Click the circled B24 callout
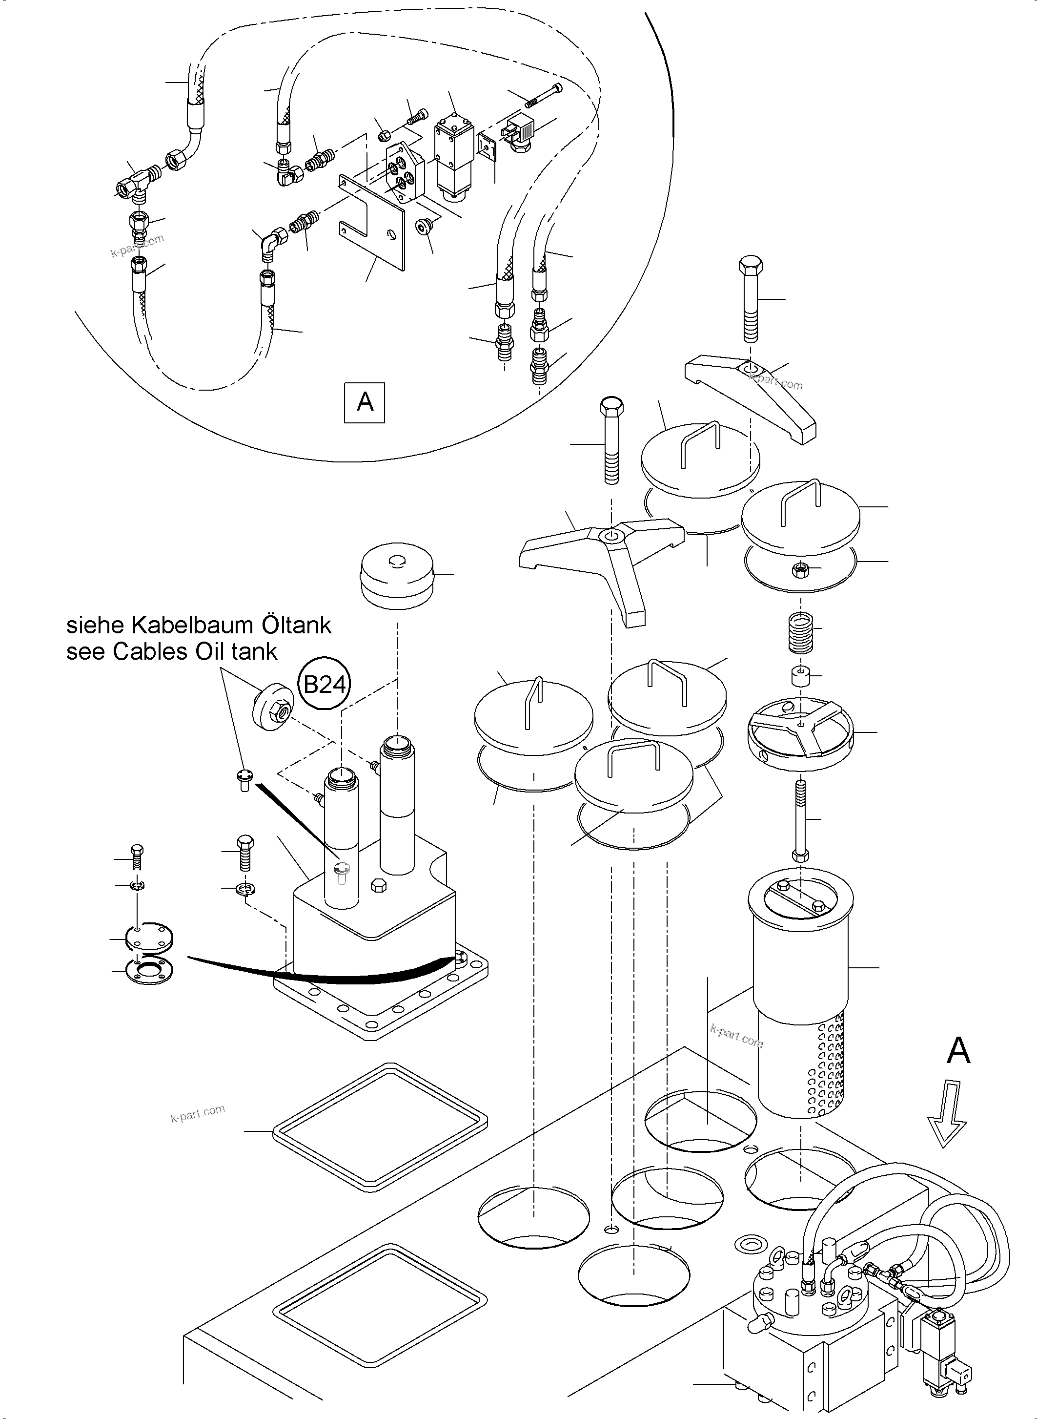coord(325,684)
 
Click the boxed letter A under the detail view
coord(365,401)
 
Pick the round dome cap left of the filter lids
coord(396,575)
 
